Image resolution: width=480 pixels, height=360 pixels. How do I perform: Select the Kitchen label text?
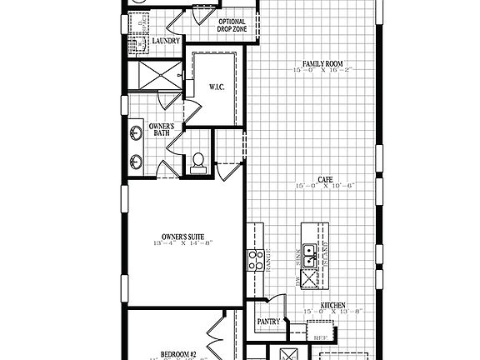tap(333, 306)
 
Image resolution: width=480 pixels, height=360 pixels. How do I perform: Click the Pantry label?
tap(268, 321)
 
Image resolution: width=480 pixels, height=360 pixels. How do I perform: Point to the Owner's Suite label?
tap(183, 237)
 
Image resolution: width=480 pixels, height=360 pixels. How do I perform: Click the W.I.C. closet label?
tap(214, 87)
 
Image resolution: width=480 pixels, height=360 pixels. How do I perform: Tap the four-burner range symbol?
tap(255, 259)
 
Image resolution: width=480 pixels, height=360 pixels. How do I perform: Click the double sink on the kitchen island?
tap(308, 255)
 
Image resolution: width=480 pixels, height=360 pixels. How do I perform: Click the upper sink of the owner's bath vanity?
tap(135, 132)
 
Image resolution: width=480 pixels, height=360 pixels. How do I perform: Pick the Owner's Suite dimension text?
tap(183, 245)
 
